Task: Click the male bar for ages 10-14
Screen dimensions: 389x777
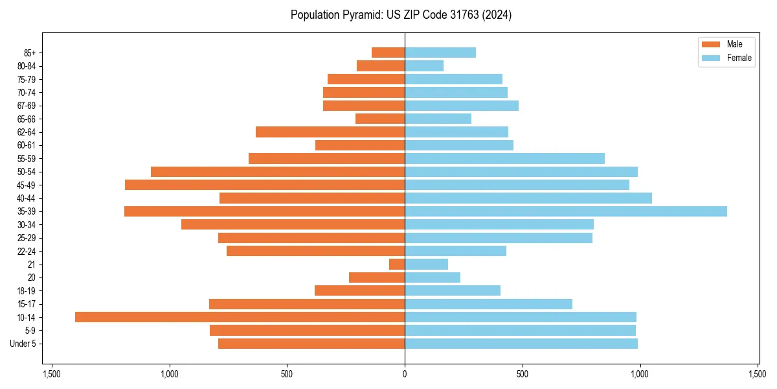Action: [x=240, y=317]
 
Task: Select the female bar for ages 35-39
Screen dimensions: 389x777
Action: [x=565, y=211]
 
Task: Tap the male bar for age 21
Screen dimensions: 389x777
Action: [x=397, y=264]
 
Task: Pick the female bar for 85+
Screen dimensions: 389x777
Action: [x=440, y=53]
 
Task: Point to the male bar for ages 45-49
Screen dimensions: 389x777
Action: [x=265, y=185]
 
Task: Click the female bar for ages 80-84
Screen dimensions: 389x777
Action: [x=424, y=65]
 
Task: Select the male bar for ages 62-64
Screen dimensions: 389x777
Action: [x=330, y=132]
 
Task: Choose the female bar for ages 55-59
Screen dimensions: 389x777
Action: [x=504, y=158]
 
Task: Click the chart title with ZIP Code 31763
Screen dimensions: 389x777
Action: [x=401, y=15]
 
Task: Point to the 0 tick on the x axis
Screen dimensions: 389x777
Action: [x=405, y=374]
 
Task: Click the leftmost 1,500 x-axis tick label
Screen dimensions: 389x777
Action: [x=52, y=374]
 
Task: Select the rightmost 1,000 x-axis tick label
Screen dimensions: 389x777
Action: [x=640, y=374]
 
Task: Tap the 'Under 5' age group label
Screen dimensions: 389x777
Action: [x=23, y=344]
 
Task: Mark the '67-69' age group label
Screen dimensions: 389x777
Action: [x=27, y=106]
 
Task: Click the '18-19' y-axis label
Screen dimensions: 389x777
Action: [x=27, y=290]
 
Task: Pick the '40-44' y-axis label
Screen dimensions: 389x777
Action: [x=27, y=198]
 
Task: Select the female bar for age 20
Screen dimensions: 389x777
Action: [x=433, y=277]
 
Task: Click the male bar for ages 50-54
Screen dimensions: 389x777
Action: [x=278, y=172]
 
